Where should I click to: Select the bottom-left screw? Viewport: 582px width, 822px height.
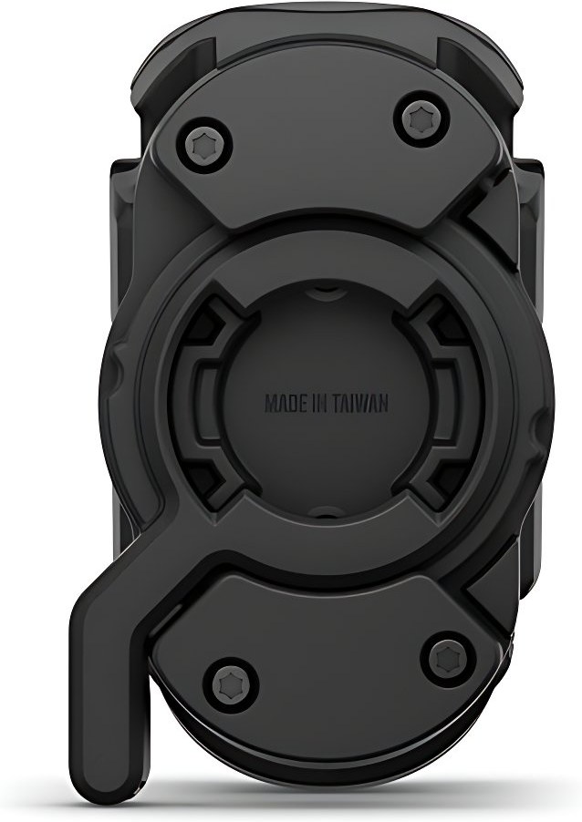pyautogui.click(x=227, y=683)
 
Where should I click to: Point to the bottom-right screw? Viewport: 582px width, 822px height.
pyautogui.click(x=446, y=652)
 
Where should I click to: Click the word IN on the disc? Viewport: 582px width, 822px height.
pyautogui.click(x=323, y=404)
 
